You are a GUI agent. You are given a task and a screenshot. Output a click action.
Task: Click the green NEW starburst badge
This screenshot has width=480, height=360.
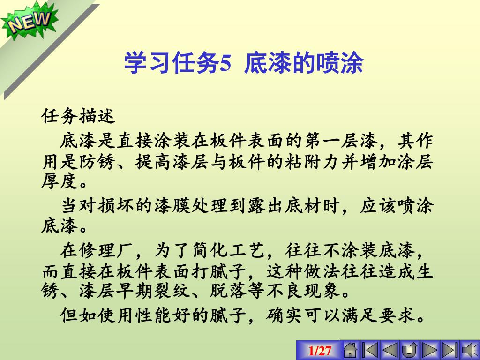pyautogui.click(x=30, y=21)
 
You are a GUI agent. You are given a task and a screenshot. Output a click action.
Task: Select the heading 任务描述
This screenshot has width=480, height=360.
pyautogui.click(x=78, y=116)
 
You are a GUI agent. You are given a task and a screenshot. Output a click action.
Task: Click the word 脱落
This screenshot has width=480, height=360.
pyautogui.click(x=228, y=291)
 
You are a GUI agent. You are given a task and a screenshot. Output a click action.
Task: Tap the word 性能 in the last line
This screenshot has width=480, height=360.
pyautogui.click(x=153, y=315)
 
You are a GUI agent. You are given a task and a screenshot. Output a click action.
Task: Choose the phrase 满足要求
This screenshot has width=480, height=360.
pyautogui.click(x=378, y=315)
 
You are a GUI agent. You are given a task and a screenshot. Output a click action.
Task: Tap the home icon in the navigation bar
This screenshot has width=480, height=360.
pyautogui.click(x=351, y=350)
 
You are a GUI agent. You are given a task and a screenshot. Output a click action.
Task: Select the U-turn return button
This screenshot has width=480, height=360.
pyautogui.click(x=410, y=350)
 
